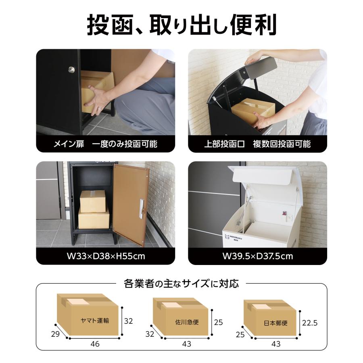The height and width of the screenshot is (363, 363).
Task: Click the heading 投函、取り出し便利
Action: coord(181,25)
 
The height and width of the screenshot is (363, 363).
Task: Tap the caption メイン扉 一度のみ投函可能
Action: coord(105,144)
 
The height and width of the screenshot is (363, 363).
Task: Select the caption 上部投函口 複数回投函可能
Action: coord(257,144)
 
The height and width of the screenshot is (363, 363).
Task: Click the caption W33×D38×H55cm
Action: coord(105,256)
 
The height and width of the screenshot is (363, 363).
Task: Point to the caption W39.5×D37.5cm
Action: coord(257,256)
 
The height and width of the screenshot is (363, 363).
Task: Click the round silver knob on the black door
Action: coord(71,70)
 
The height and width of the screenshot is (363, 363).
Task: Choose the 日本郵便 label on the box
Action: coord(275,323)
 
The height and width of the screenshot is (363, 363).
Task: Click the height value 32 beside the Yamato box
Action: coord(128,321)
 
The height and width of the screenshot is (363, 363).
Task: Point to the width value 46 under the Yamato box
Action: coord(95,344)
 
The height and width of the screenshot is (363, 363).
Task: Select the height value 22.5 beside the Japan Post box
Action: coord(310,323)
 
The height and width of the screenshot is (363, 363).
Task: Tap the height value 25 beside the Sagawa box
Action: coord(218,322)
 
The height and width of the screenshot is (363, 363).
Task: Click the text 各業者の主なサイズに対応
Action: coord(181,284)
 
